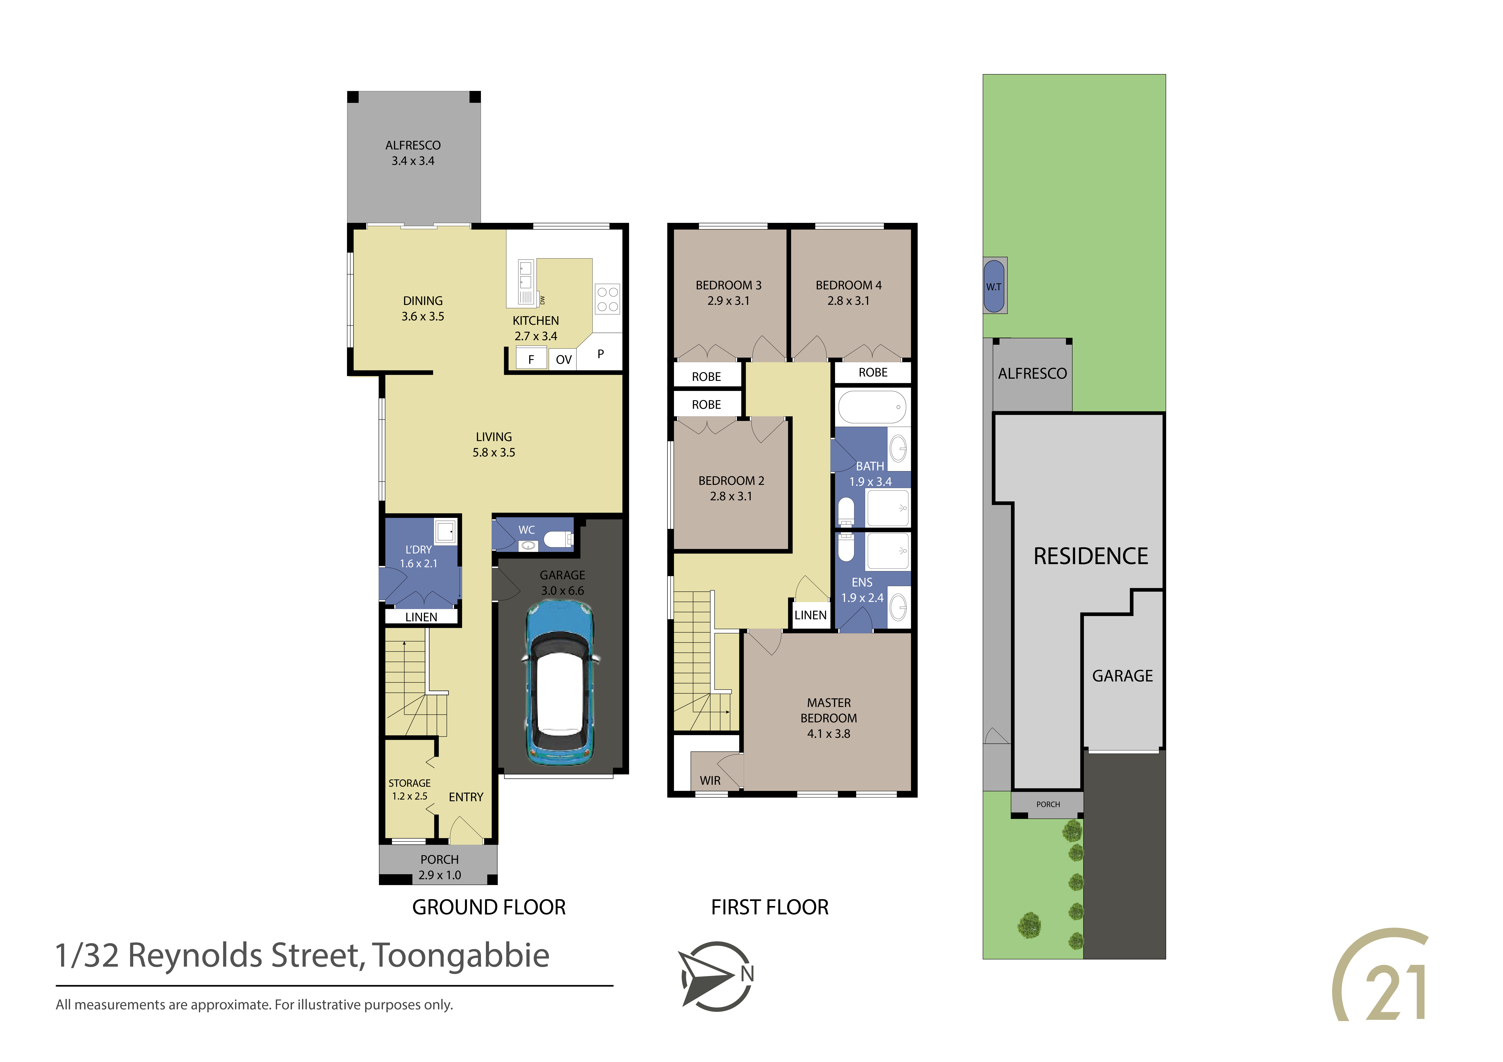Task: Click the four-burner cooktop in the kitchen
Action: (x=608, y=299)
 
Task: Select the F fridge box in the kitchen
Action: (x=531, y=359)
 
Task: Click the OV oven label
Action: (x=564, y=359)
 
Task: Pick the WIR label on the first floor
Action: (x=710, y=781)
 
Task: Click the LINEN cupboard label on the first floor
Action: (x=810, y=615)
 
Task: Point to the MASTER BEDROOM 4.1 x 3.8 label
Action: (x=829, y=718)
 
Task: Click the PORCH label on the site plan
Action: (x=1048, y=804)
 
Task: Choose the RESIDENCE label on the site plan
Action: (x=1091, y=556)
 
